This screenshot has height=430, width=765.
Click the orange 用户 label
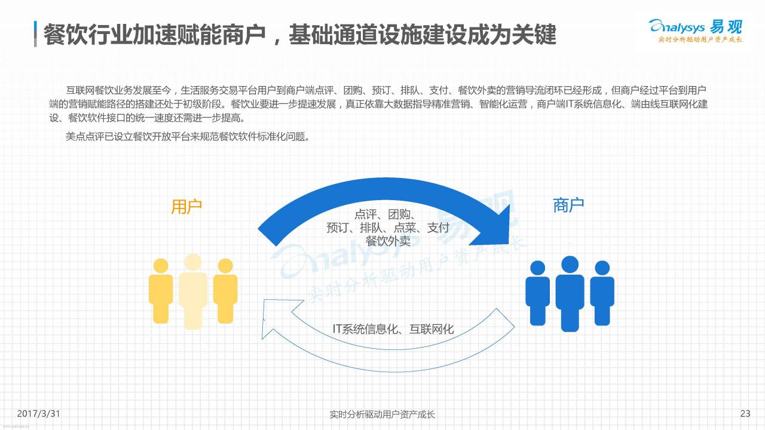click(x=186, y=207)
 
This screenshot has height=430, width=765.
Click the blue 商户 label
click(x=568, y=205)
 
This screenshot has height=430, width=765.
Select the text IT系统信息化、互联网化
click(x=393, y=329)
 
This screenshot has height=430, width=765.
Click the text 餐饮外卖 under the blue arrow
click(x=388, y=241)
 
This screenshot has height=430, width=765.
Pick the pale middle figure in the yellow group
click(x=193, y=291)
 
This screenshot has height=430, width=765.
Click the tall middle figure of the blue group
click(x=570, y=293)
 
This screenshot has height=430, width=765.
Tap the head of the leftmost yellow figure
click(x=161, y=266)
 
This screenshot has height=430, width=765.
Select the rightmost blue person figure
click(x=602, y=293)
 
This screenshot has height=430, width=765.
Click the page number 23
click(x=745, y=414)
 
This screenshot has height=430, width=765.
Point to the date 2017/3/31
click(x=39, y=414)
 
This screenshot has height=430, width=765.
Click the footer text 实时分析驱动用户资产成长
click(x=382, y=414)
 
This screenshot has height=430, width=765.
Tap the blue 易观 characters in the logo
click(x=726, y=27)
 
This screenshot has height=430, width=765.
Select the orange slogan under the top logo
click(x=700, y=39)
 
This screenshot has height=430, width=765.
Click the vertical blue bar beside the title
click(x=35, y=34)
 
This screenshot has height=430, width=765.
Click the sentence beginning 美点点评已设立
click(x=188, y=137)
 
